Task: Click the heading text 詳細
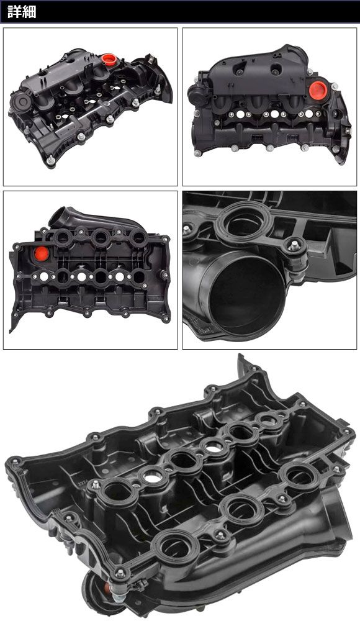pos(22,12)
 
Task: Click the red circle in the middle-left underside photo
pos(41,253)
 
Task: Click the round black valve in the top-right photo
pos(195,94)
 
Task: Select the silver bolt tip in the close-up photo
pos(294,245)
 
